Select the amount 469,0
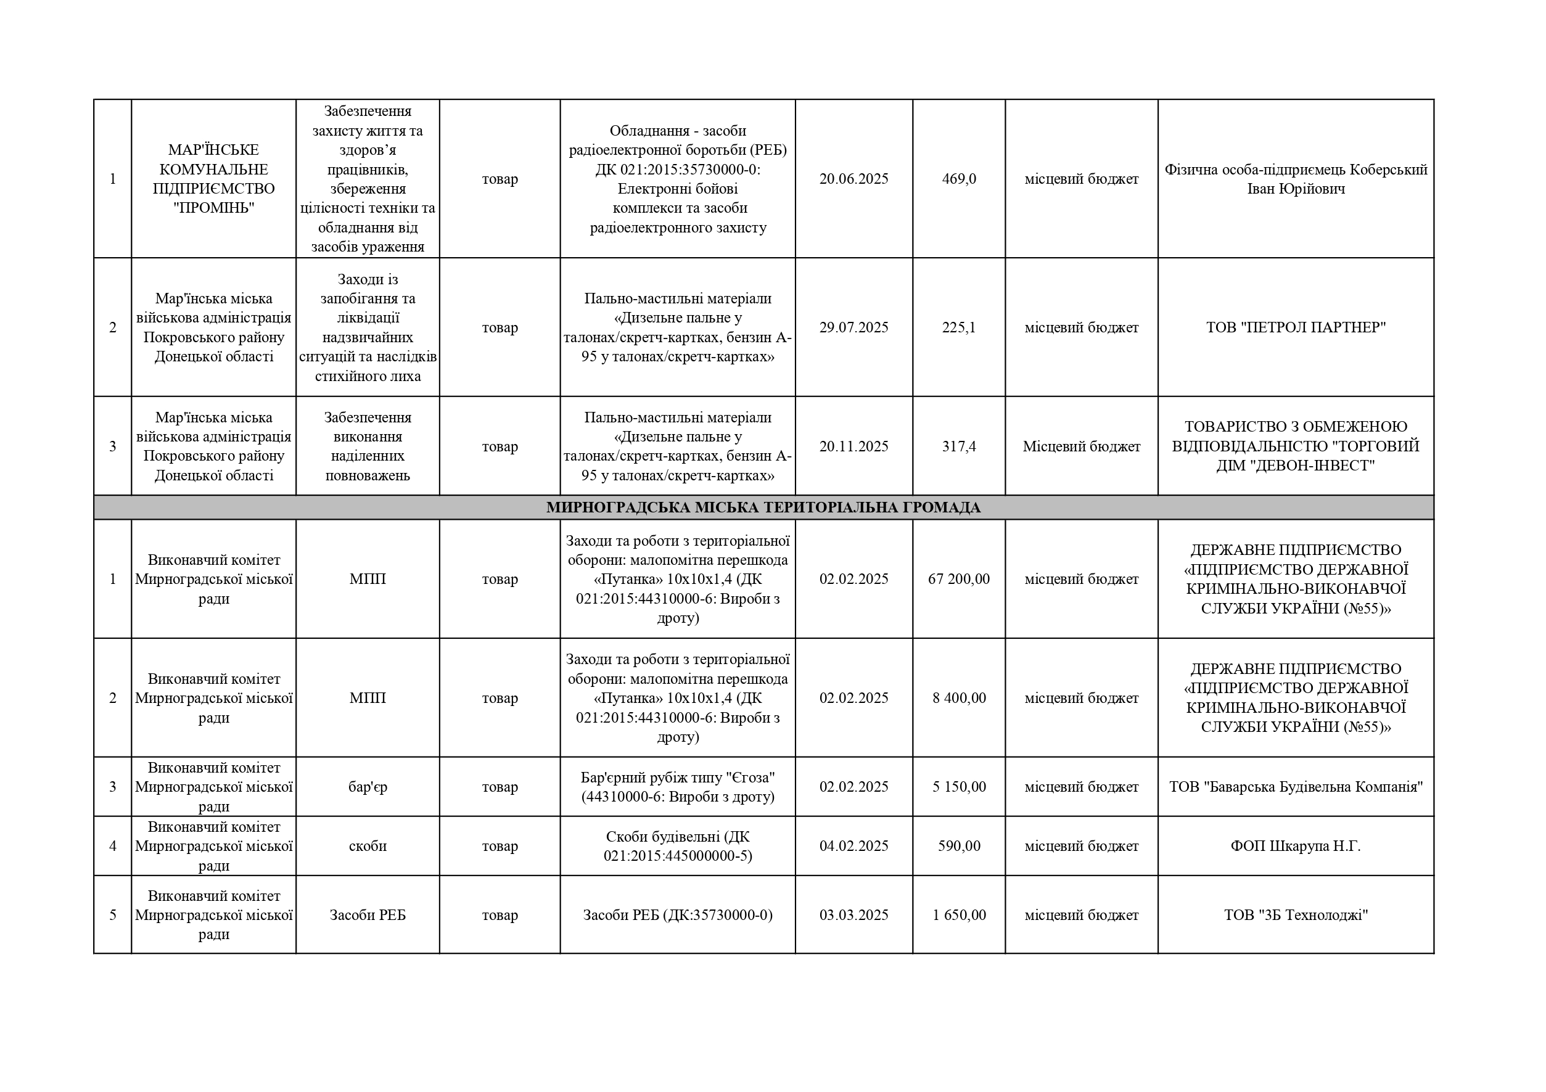958,179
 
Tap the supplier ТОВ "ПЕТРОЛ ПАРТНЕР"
1296,328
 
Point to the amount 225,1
958,328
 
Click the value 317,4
958,446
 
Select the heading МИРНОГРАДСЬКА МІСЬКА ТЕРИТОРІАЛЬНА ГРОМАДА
763,507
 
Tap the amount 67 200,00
958,579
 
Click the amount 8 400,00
958,698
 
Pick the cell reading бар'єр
368,787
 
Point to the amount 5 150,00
958,787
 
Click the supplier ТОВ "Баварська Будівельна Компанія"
1296,787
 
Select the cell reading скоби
368,846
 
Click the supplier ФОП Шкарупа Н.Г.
1296,846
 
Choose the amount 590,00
958,846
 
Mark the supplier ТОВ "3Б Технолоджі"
1296,916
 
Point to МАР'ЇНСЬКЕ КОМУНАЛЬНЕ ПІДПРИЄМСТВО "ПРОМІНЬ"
213,179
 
